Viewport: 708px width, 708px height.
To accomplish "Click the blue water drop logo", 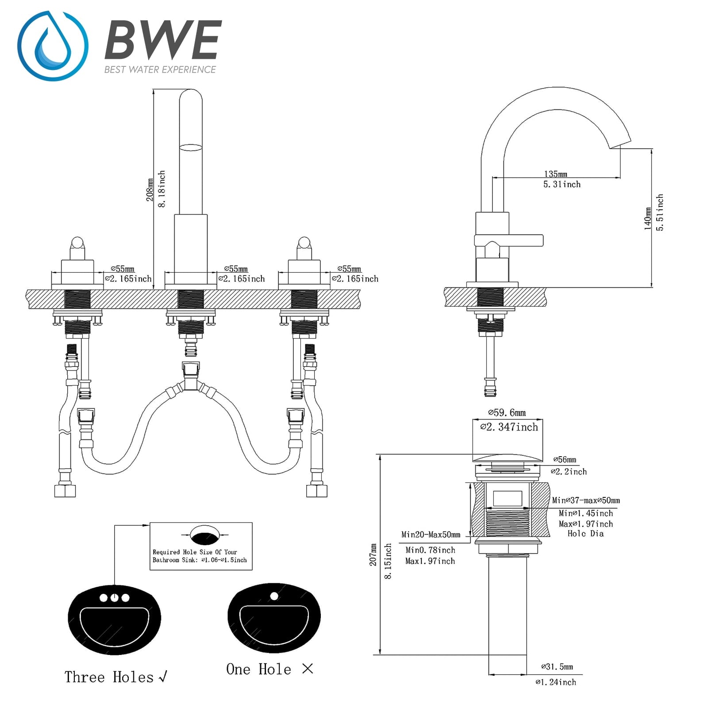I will coord(53,46).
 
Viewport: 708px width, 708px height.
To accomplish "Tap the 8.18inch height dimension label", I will coord(162,189).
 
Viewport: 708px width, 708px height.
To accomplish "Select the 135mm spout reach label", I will coord(555,174).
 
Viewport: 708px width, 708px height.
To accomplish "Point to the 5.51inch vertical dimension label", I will coord(660,212).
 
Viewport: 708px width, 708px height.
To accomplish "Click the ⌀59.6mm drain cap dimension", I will coord(507,413).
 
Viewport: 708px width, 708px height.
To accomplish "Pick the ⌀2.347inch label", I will coord(509,427).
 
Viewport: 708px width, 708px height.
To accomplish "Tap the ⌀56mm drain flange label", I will coord(565,460).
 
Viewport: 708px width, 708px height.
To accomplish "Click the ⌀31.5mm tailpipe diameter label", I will coord(557,667).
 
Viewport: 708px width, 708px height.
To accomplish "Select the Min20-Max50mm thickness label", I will coord(431,535).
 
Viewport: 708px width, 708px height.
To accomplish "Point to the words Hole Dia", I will coord(585,534).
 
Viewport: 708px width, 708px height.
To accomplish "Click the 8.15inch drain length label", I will coord(388,561).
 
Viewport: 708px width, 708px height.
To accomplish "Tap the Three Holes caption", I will coord(109,677).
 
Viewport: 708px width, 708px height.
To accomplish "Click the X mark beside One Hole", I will coord(308,669).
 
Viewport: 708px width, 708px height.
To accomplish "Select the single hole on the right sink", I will coord(274,596).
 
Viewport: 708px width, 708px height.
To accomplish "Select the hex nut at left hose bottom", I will coord(65,491).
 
